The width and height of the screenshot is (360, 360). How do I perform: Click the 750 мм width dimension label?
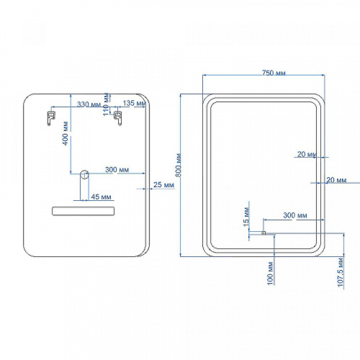(x=274, y=73)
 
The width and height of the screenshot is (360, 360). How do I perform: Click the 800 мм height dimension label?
(x=179, y=165)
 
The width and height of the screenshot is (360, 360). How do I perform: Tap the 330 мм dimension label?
(x=89, y=104)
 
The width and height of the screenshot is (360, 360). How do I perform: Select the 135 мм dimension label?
(x=134, y=103)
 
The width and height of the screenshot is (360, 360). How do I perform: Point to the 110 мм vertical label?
(x=106, y=104)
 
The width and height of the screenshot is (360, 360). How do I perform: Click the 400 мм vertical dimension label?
(x=66, y=133)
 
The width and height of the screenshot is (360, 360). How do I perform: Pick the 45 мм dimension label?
(x=101, y=197)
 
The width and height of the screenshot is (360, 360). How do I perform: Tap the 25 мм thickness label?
(x=163, y=185)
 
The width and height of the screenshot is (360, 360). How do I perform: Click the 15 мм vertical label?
(x=246, y=217)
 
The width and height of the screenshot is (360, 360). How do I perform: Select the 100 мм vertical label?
(x=270, y=274)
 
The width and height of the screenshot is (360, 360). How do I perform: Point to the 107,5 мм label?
(x=341, y=272)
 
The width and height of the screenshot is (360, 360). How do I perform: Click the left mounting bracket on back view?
(x=50, y=118)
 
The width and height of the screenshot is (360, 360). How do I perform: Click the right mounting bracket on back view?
(x=118, y=118)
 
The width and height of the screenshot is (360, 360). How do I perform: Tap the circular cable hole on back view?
(x=84, y=174)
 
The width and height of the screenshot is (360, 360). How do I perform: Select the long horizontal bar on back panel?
(x=83, y=211)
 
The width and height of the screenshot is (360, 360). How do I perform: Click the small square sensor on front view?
(x=264, y=233)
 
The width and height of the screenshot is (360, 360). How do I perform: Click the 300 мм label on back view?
(x=117, y=170)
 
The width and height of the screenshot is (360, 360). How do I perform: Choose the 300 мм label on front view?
(x=295, y=215)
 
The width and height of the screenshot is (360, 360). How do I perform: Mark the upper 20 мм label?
(x=307, y=154)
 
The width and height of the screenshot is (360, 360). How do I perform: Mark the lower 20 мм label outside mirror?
(x=336, y=180)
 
